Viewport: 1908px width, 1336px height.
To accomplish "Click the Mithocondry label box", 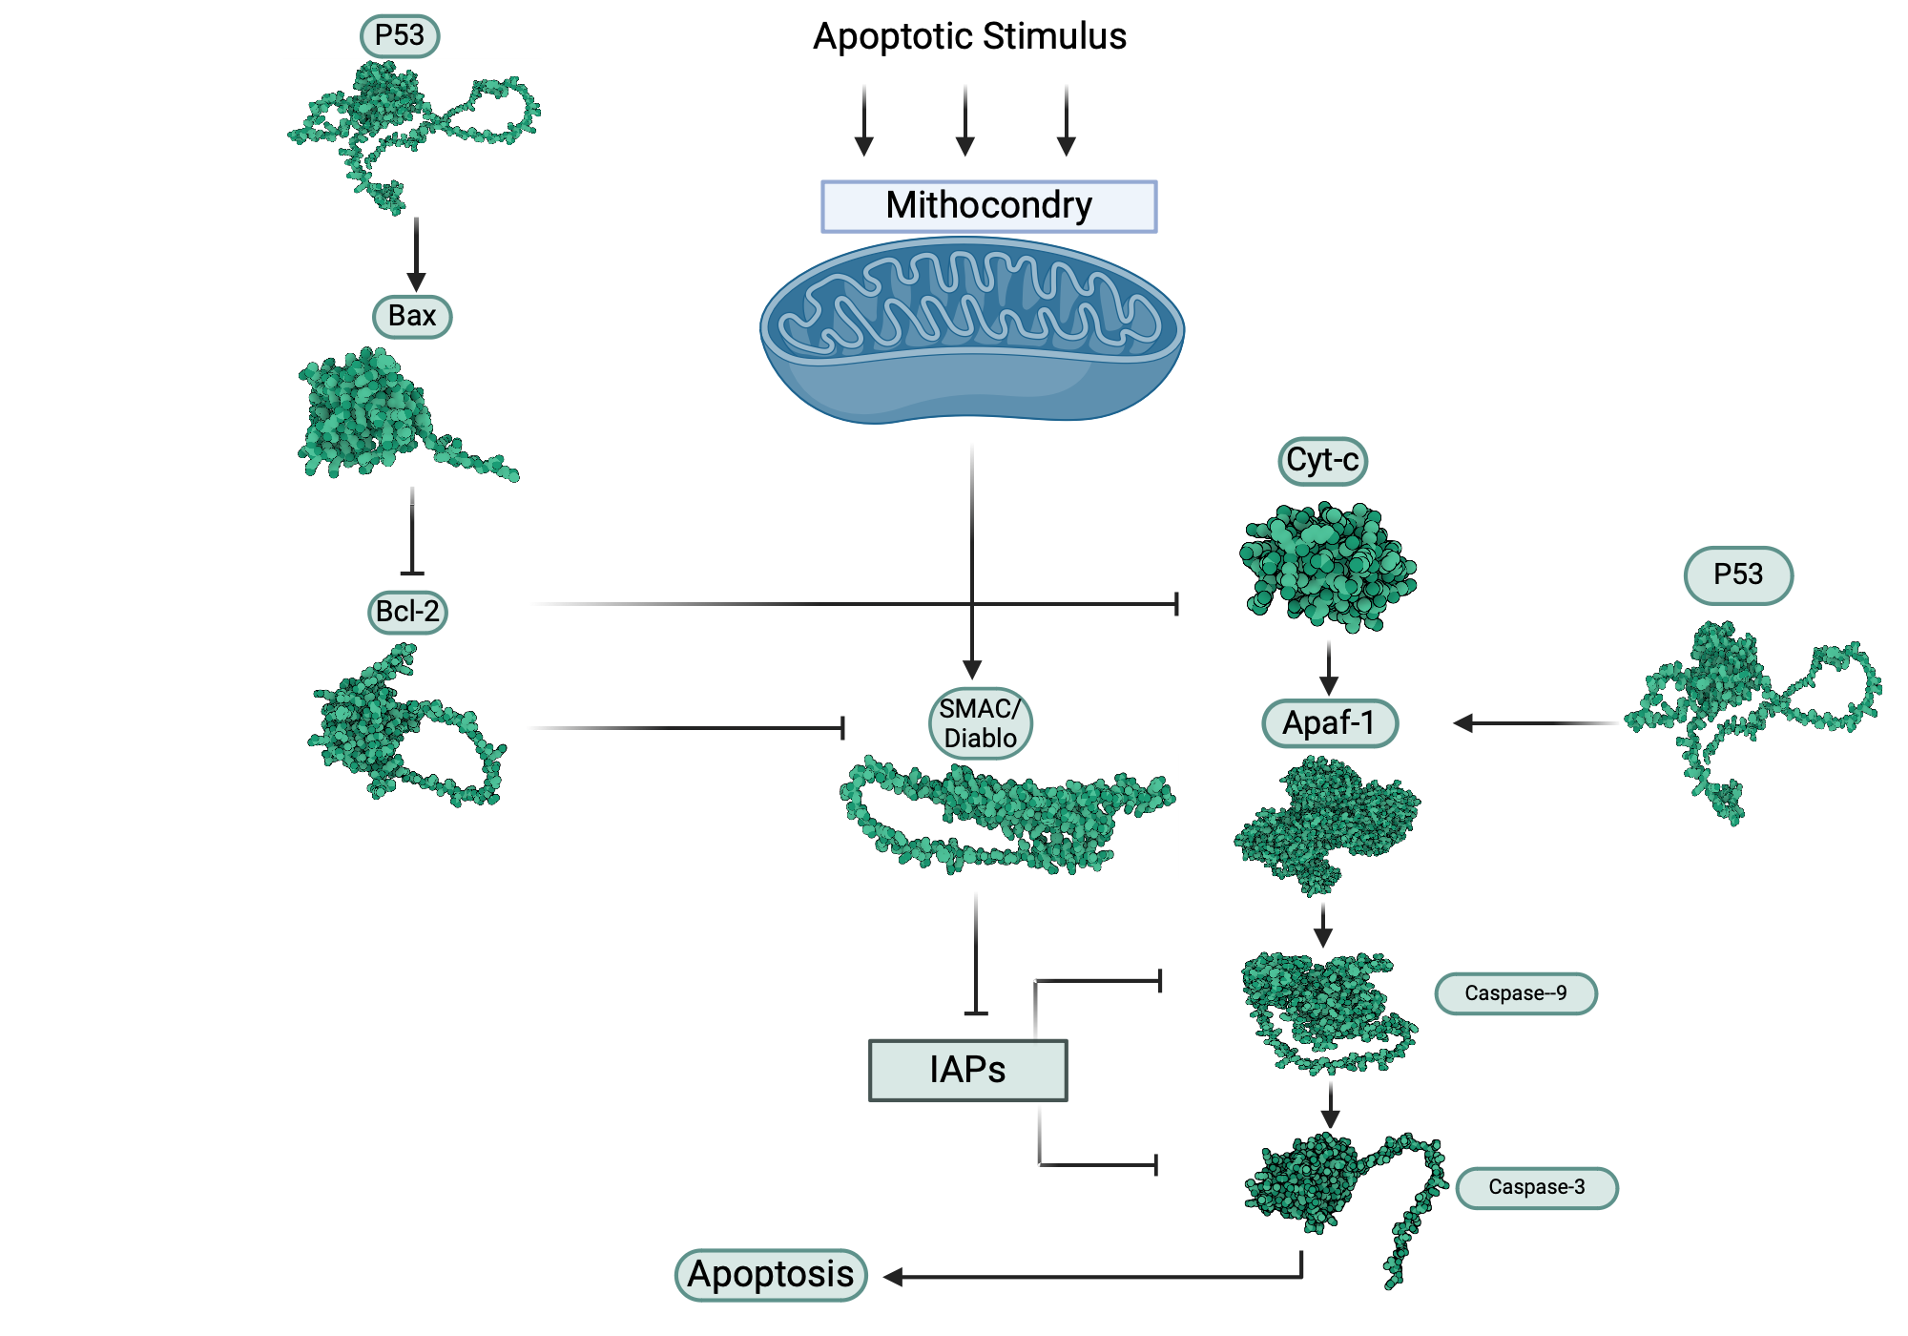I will click(988, 206).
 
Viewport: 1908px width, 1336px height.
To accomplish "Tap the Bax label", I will click(412, 316).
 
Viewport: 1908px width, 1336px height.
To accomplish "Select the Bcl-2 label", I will click(407, 612).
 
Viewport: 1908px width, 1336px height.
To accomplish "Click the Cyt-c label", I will click(1322, 461).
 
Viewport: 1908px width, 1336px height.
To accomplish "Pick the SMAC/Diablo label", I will click(980, 723).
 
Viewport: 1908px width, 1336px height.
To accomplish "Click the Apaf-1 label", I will click(1330, 723).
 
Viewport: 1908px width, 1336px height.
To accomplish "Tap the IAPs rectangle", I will click(967, 1070).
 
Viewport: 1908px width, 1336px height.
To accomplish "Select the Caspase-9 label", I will click(1515, 993).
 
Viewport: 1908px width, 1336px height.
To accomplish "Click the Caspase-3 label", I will click(1536, 1187).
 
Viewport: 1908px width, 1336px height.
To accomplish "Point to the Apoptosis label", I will click(771, 1275).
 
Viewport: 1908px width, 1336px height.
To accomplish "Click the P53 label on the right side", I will click(1738, 574).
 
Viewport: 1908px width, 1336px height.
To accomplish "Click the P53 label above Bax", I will click(399, 36).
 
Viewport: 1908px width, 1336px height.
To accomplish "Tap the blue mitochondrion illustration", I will click(971, 329).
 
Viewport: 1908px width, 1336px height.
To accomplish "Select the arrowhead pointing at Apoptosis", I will click(893, 1277).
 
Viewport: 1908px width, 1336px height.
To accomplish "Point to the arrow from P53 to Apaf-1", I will click(1536, 723).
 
